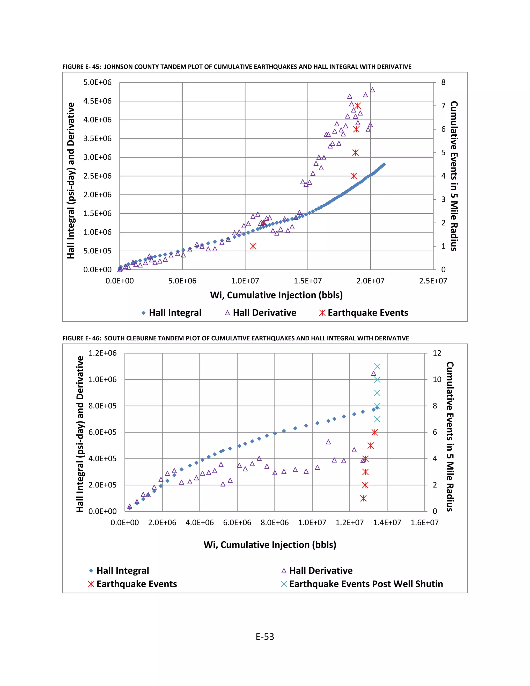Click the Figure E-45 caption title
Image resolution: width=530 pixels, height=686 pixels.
point(237,67)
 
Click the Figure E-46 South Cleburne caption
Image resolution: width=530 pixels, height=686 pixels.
point(235,338)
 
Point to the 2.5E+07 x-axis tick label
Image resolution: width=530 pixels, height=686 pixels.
point(433,281)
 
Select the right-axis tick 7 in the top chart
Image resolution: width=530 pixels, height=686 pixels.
point(443,106)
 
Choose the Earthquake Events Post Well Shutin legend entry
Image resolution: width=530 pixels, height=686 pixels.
point(362,584)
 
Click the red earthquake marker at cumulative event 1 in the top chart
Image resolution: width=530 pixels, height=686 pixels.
point(253,246)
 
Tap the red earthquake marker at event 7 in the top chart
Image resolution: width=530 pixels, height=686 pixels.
point(358,106)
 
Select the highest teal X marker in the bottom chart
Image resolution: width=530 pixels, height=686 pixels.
point(377,367)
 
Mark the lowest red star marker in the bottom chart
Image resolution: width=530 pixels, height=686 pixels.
point(363,498)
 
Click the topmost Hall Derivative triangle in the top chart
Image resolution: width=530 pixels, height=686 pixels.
point(372,90)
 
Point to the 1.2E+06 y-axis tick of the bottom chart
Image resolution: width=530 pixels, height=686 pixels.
point(102,353)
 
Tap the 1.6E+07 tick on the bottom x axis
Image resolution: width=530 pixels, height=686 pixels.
point(424,522)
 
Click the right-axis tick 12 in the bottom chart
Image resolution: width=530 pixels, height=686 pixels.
point(437,353)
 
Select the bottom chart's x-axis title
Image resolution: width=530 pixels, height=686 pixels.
point(270,544)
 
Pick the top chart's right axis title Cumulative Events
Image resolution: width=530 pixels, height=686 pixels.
point(454,176)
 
